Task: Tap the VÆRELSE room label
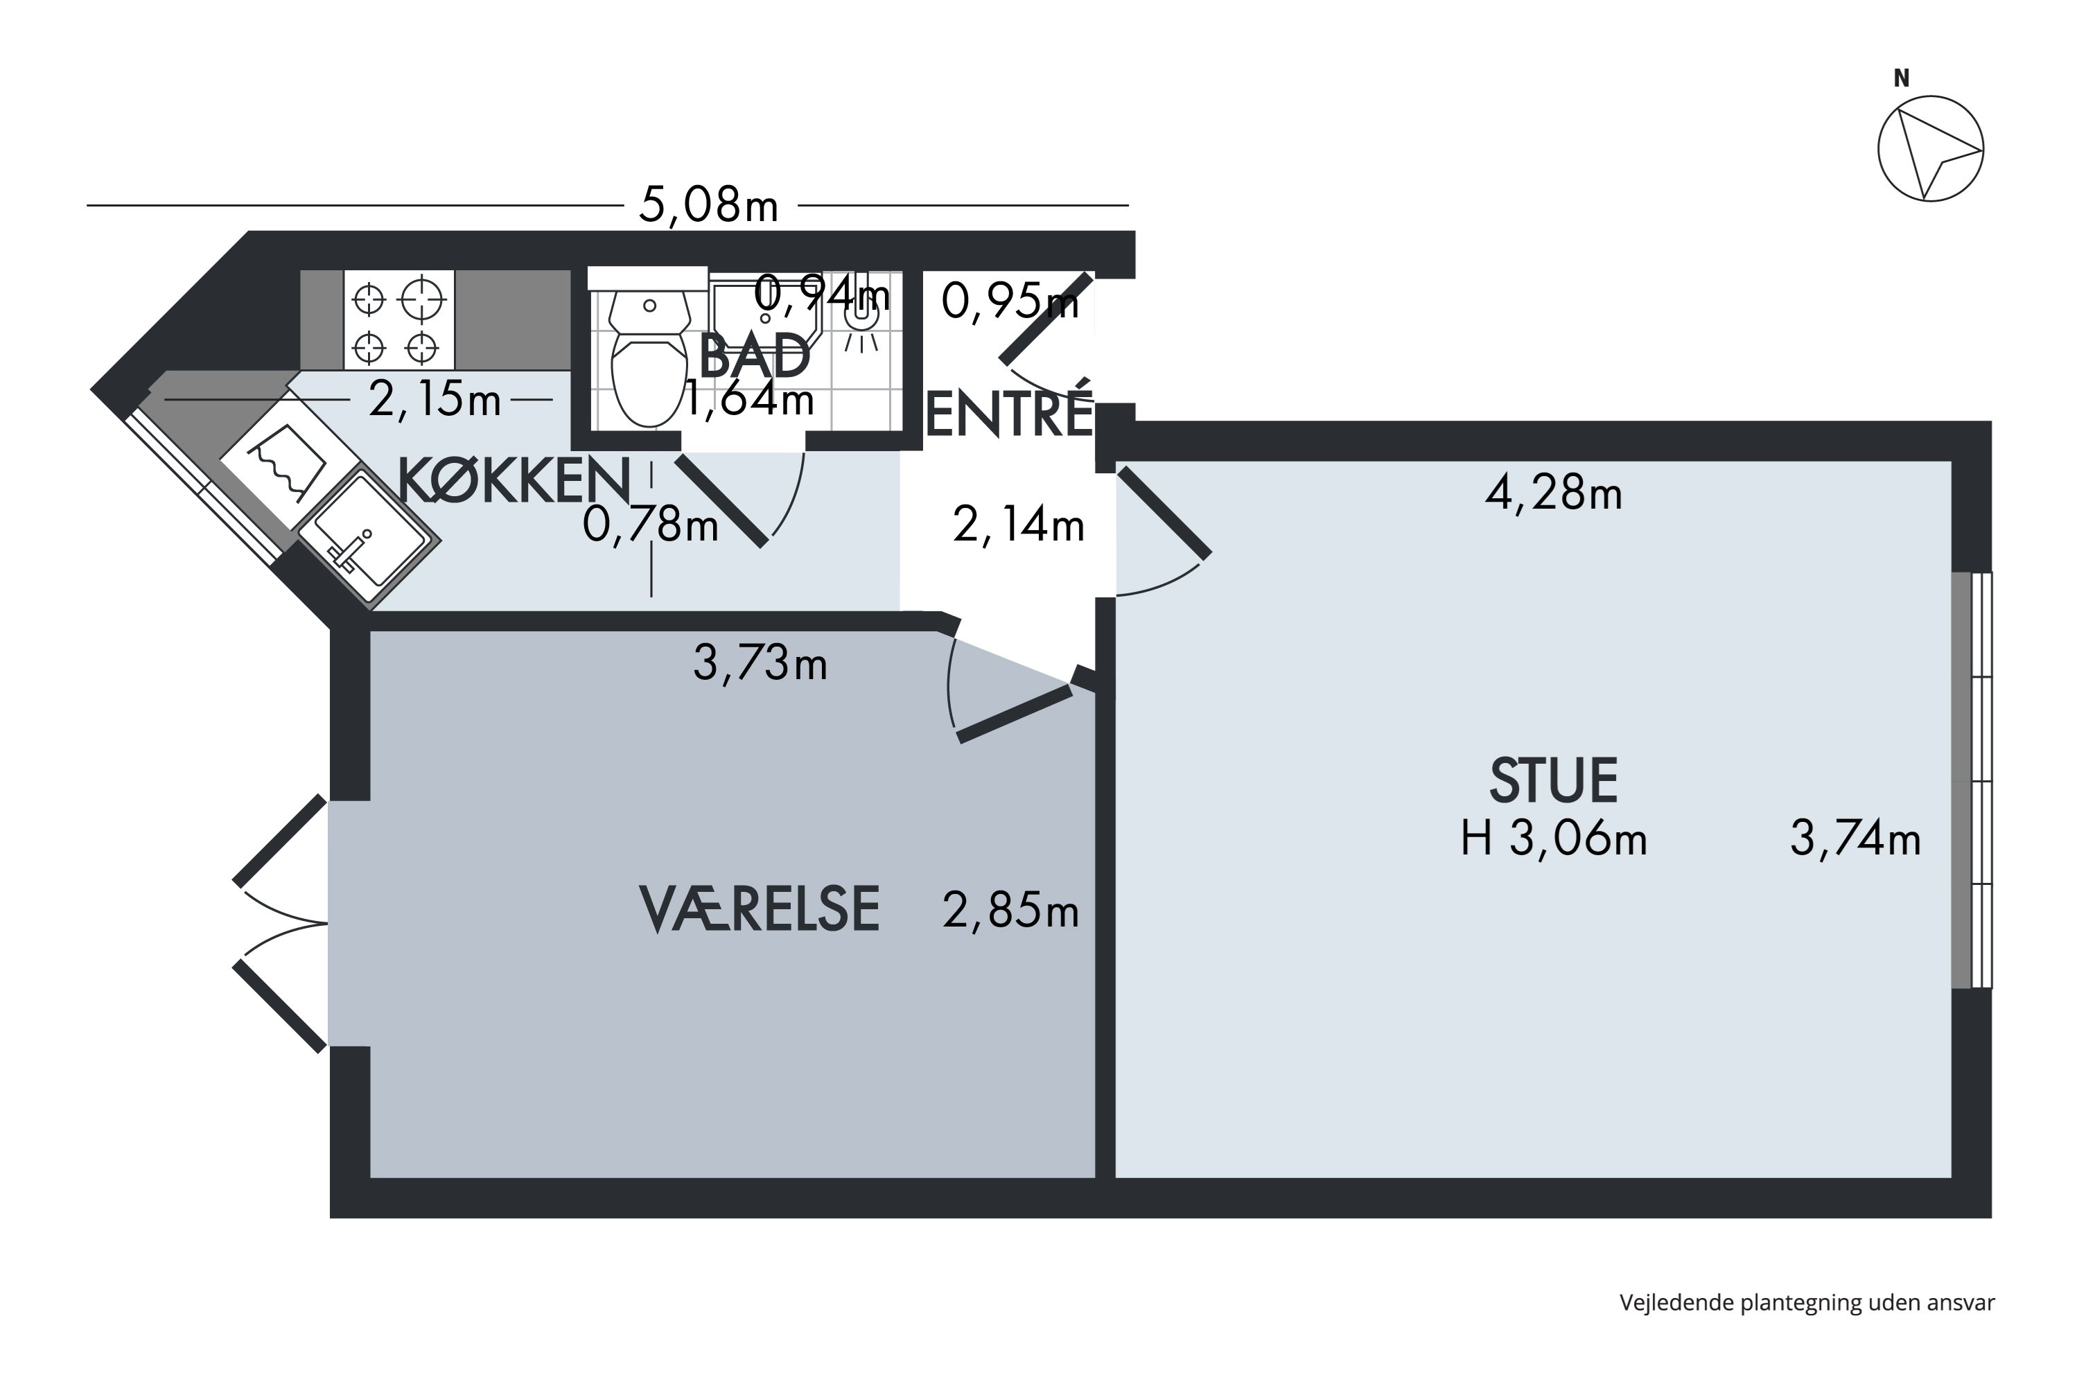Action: pos(758,909)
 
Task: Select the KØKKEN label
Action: pos(514,481)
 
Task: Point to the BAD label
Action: pos(754,356)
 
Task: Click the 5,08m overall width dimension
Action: pos(709,206)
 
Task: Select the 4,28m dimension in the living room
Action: pos(1553,493)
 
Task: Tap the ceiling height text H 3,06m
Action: pos(1553,838)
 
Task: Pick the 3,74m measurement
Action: pos(1855,838)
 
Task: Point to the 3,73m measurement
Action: pos(760,663)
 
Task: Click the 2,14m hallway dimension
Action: pos(1018,526)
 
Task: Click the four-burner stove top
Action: pos(398,321)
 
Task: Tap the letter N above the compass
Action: pos(1902,79)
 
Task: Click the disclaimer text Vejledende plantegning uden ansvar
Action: pos(1807,1302)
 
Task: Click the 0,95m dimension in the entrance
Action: pos(1010,302)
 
